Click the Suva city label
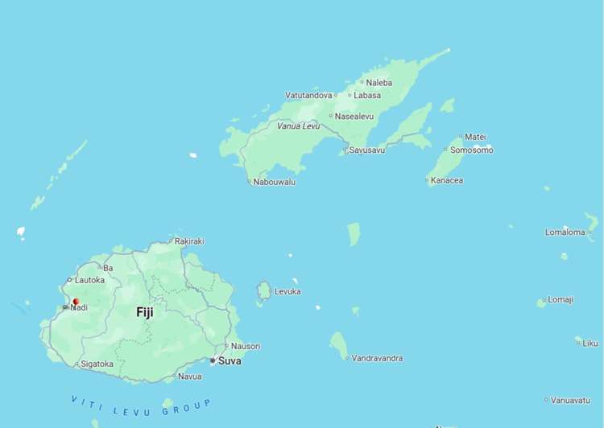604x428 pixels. tap(230, 361)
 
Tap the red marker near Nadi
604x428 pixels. tap(76, 302)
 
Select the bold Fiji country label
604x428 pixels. tap(145, 312)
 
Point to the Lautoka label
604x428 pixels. tap(89, 280)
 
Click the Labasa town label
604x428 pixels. tap(367, 95)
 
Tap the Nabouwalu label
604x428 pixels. tap(274, 182)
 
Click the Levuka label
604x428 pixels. tap(288, 291)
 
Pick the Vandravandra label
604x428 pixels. tap(377, 358)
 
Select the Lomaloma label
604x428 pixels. tap(565, 233)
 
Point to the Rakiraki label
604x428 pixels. tap(189, 241)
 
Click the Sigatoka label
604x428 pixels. tap(97, 364)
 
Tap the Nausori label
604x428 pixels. tap(246, 346)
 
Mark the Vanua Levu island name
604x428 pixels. tap(298, 126)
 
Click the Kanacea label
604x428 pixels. tap(447, 180)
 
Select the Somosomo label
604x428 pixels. tap(471, 150)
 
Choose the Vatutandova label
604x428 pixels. tap(308, 95)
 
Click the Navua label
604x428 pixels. tap(190, 377)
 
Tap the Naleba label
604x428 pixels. tap(379, 82)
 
